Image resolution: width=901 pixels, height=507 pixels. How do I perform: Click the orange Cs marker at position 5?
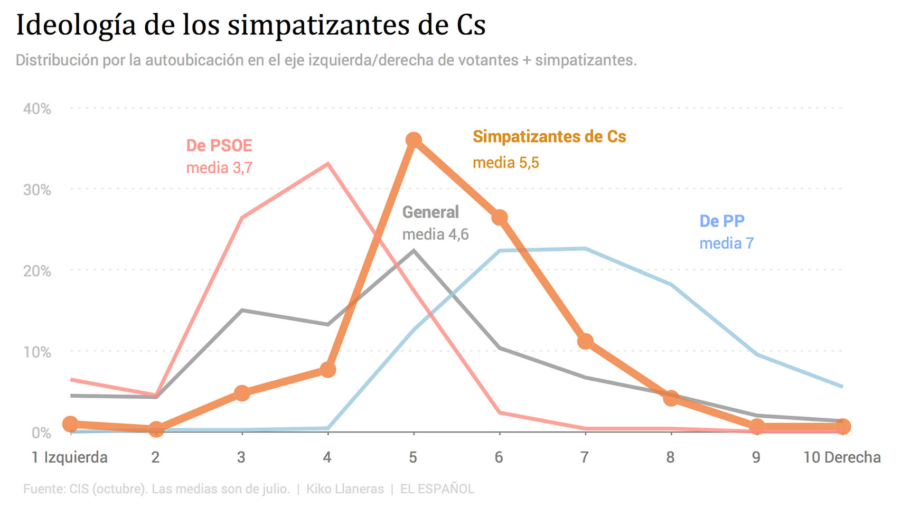tap(414, 140)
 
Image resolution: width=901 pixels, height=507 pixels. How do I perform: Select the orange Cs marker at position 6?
tap(500, 218)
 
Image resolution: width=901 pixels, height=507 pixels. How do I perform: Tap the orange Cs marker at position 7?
tap(585, 342)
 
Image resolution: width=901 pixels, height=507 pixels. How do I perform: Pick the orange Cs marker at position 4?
tap(328, 370)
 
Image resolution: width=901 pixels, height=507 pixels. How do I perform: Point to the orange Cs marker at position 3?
tap(242, 393)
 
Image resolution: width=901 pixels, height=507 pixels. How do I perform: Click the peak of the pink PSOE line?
tap(328, 164)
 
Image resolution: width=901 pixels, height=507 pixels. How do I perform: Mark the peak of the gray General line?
tap(414, 250)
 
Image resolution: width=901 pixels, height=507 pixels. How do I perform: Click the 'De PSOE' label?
tap(219, 145)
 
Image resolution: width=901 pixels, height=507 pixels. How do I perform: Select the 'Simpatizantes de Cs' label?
tap(549, 137)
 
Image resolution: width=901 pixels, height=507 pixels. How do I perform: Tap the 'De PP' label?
tap(722, 221)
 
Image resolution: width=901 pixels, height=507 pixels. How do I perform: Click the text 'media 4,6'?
tap(436, 234)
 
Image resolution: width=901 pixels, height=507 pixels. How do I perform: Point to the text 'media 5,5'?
tap(506, 163)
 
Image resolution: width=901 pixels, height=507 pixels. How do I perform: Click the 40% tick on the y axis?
tap(37, 109)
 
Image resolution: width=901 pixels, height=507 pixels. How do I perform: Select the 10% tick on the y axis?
tap(37, 352)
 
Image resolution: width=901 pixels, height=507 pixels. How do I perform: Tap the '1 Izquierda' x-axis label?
tap(69, 457)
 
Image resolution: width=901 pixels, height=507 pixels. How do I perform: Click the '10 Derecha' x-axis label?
tap(842, 457)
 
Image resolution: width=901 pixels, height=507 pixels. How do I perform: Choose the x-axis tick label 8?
tap(670, 457)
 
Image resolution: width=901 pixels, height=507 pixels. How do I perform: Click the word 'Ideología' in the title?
tap(76, 25)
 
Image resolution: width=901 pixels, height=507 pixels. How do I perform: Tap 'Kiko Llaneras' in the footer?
tap(345, 489)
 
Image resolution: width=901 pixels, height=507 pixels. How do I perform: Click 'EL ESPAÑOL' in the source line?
tap(437, 489)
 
